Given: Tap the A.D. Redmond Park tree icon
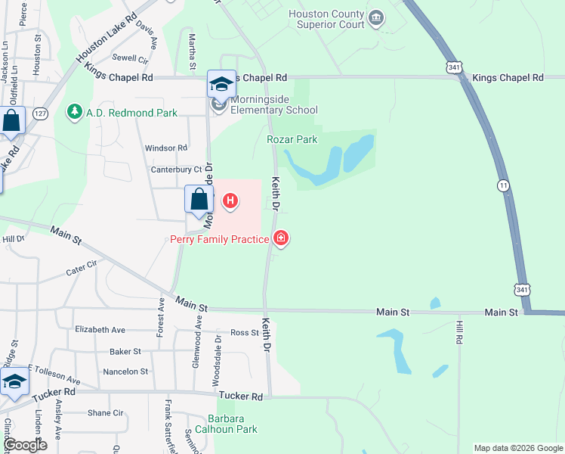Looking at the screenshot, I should click(74, 113).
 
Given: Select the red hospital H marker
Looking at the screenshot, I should click(230, 202).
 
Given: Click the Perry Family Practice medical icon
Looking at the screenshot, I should click(281, 239).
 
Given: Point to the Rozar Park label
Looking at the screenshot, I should click(292, 139).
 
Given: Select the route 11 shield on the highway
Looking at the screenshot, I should click(503, 185).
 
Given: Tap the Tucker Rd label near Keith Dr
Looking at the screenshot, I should click(241, 396).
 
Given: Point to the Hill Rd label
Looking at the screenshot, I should click(458, 333).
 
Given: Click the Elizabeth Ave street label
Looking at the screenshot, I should click(100, 330).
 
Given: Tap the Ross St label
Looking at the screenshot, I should click(244, 333).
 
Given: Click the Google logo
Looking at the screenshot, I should click(24, 445).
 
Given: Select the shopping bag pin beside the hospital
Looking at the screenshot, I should click(199, 200).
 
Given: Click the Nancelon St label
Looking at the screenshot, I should click(125, 372).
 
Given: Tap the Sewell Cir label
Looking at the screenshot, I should click(130, 58).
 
